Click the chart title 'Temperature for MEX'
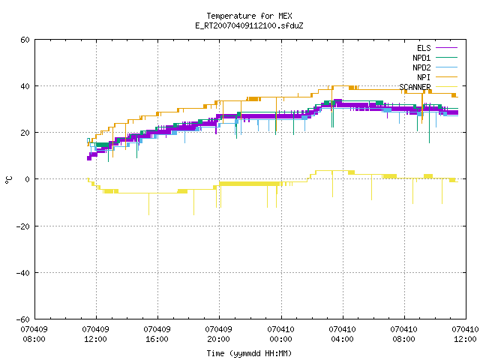click(x=249, y=16)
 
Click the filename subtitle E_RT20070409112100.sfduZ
click(x=249, y=25)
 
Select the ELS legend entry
click(x=437, y=48)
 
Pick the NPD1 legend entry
click(x=435, y=58)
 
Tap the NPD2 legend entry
click(x=435, y=67)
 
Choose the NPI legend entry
click(x=437, y=77)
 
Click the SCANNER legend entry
click(x=428, y=87)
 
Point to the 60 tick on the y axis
click(x=25, y=40)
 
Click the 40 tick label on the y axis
click(x=25, y=86)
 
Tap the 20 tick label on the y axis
click(x=25, y=133)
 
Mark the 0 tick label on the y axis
click(x=28, y=179)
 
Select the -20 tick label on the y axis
click(x=23, y=226)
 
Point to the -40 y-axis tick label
click(x=23, y=273)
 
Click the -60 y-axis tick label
click(x=23, y=319)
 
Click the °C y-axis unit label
click(x=8, y=180)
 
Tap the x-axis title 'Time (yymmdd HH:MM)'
click(x=249, y=353)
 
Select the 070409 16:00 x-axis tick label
click(x=157, y=334)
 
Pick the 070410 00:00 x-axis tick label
click(x=281, y=334)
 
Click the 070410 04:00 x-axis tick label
click(x=343, y=334)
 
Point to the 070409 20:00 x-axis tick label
click(x=219, y=334)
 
